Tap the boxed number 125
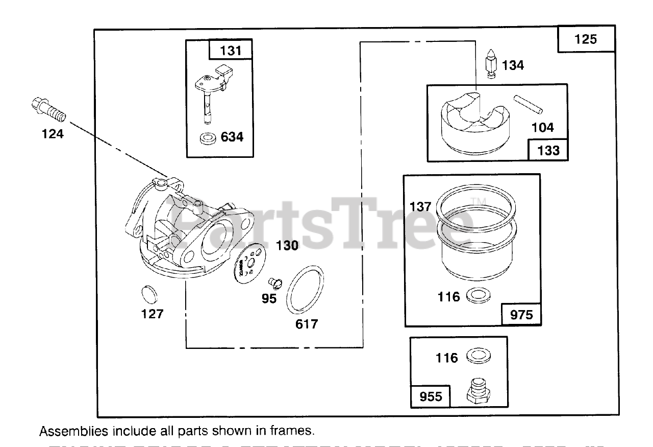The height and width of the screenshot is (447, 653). point(586,39)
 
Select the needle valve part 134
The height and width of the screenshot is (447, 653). point(491,65)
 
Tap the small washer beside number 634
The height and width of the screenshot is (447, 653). point(208,138)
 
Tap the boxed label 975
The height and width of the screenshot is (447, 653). point(521,315)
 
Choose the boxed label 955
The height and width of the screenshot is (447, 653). point(431,396)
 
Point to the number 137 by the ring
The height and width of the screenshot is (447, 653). point(421,207)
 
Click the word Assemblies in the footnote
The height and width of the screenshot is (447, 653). point(73,431)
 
